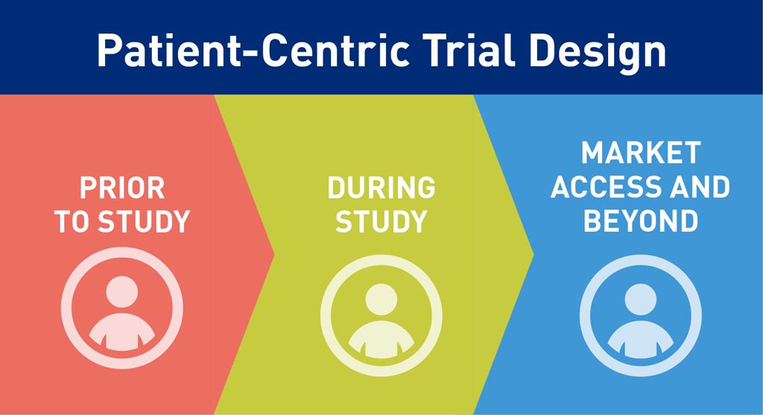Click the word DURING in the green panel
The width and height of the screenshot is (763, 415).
(x=381, y=189)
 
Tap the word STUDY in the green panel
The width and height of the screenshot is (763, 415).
(x=381, y=222)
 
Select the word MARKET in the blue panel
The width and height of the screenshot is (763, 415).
(x=640, y=153)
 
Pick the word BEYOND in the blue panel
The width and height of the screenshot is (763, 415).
(x=640, y=221)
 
